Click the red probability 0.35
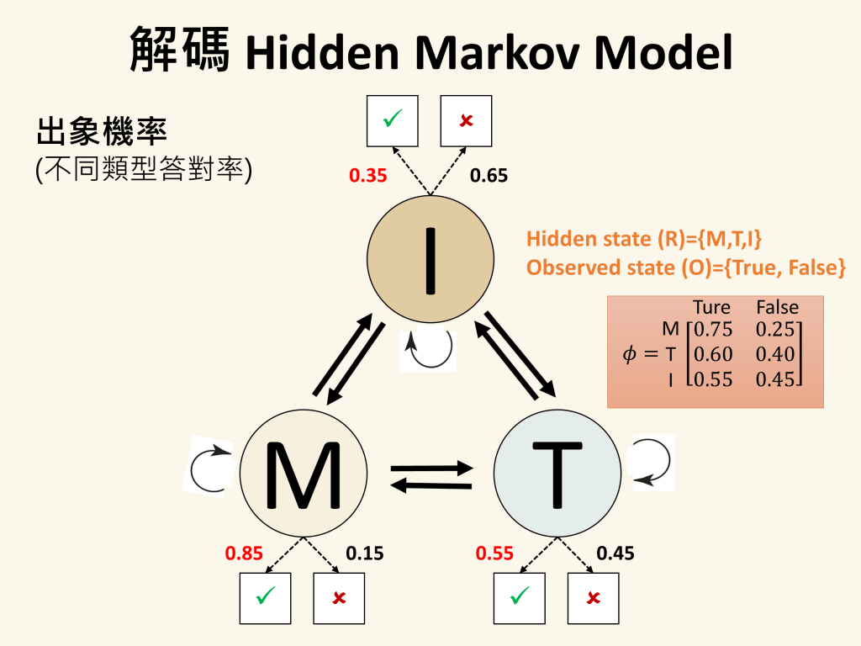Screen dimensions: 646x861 pos(367,176)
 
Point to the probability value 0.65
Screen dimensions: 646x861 pos(489,176)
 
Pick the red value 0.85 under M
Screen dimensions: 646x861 pos(244,553)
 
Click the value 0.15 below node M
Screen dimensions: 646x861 pos(365,553)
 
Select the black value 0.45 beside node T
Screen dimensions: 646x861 pos(615,553)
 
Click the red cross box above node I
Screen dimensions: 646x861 pos(466,121)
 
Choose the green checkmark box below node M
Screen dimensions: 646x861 pos(266,598)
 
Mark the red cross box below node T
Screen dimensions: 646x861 pos(593,598)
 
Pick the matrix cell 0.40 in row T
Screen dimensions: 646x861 pos(775,354)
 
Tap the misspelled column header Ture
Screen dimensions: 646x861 pos(711,307)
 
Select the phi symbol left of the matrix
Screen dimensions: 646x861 pos(630,355)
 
